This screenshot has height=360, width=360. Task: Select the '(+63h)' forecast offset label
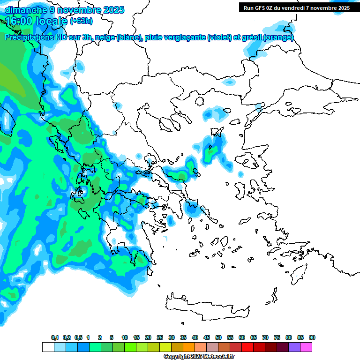tap(81, 21)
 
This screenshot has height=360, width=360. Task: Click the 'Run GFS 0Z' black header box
tap(296, 7)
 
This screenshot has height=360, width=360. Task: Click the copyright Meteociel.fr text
tap(193, 356)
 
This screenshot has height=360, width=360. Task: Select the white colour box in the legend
tap(48, 347)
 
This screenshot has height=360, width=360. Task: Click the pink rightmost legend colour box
tap(306, 347)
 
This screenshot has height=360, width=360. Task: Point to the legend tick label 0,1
tap(55, 337)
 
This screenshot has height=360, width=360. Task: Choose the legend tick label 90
tap(312, 337)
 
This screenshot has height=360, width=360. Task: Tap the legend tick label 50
tap(218, 337)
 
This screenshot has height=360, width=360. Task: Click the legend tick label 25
tap(160, 337)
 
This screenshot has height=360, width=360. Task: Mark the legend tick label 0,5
tap(78, 337)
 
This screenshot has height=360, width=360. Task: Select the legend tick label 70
tap(265, 337)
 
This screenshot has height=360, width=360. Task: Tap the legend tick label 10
tap(125, 337)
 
